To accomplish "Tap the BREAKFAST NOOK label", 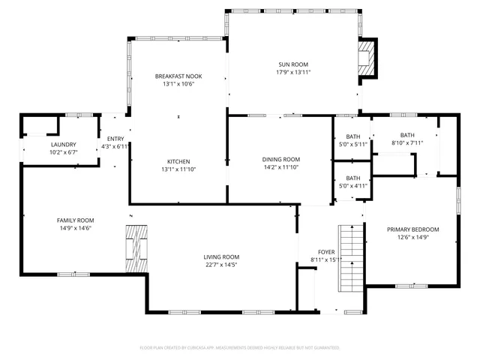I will point(178,76).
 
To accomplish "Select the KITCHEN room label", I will point(178,161).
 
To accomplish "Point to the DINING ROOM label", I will point(281,159).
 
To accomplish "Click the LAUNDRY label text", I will point(63,144).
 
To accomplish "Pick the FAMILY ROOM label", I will point(76,220).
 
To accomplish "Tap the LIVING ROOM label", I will point(221,256).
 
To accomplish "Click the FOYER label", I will point(326,252).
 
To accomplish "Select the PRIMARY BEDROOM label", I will point(413,229).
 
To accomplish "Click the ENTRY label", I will point(115,139).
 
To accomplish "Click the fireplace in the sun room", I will point(366,58).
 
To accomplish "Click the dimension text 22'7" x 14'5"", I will point(221,264).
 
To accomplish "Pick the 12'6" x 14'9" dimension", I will point(413,237).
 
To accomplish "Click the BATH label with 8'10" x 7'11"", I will point(407,135).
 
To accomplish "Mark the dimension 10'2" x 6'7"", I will point(63,151).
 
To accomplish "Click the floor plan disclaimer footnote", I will point(240,348).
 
